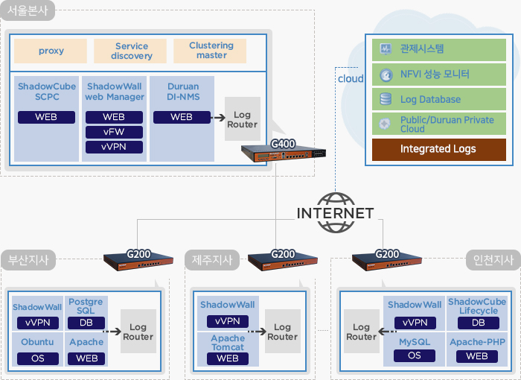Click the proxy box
pos(51,51)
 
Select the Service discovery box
pos(131,51)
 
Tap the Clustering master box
pos(211,51)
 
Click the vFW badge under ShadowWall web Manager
pos(114,132)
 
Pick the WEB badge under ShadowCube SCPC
pos(46,117)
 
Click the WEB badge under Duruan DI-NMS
pos(181,117)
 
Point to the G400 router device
pos(283,154)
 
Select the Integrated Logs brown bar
pos(438,149)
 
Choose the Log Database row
pos(438,99)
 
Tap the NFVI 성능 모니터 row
pos(438,75)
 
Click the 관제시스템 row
pos(438,50)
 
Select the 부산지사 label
pos(28,261)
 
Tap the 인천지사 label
pos(492,261)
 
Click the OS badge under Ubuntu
pos(37,358)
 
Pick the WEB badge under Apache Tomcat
pos(227,358)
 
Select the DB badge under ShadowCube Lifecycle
pos(478,323)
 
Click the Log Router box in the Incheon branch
pos(361,332)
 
